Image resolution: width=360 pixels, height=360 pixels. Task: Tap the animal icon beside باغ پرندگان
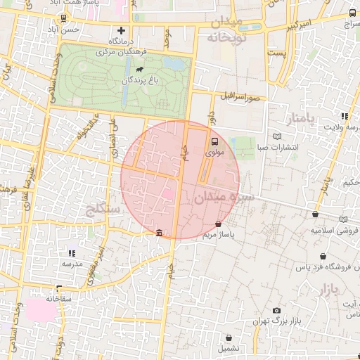pos(140,70)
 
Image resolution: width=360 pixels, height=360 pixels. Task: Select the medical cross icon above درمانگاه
pos(122,30)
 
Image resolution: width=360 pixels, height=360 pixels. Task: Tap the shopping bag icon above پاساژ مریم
pos(218,224)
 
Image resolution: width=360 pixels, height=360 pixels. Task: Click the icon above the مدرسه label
pos(71,252)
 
